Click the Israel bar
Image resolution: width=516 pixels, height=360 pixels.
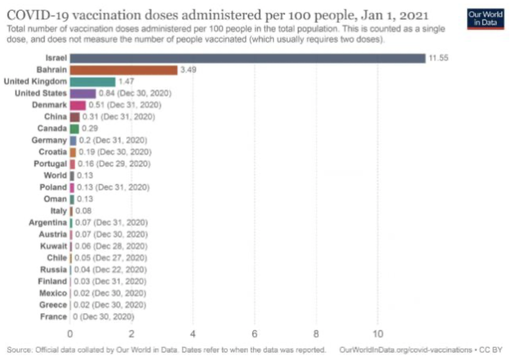pos(247,58)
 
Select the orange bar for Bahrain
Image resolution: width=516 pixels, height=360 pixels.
pos(124,70)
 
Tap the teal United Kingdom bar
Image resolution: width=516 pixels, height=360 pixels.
pos(93,82)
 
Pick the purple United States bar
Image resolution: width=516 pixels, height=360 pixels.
pos(83,93)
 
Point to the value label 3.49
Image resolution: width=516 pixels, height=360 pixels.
pos(188,70)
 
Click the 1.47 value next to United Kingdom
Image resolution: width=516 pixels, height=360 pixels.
pos(127,82)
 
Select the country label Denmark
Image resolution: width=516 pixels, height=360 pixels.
pos(49,105)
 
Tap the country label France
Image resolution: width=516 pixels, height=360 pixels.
pos(54,316)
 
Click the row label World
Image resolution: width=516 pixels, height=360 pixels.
pos(55,175)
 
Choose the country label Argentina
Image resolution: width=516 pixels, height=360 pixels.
pos(48,223)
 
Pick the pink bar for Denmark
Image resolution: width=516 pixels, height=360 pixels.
pos(78,105)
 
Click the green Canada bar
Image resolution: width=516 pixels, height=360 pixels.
pos(75,129)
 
